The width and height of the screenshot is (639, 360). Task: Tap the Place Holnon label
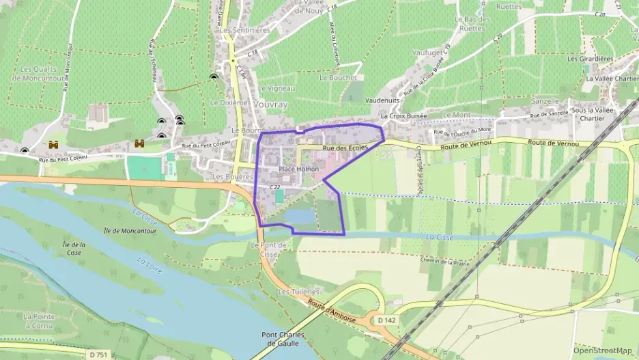[x=299, y=169]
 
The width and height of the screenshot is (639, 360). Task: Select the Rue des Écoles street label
[x=345, y=148]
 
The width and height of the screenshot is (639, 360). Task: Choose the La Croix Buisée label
[x=404, y=116]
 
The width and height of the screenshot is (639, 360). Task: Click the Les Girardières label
[x=591, y=59]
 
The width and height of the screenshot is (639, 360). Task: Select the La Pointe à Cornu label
[x=38, y=321]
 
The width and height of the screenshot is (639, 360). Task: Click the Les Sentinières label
[x=246, y=31]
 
